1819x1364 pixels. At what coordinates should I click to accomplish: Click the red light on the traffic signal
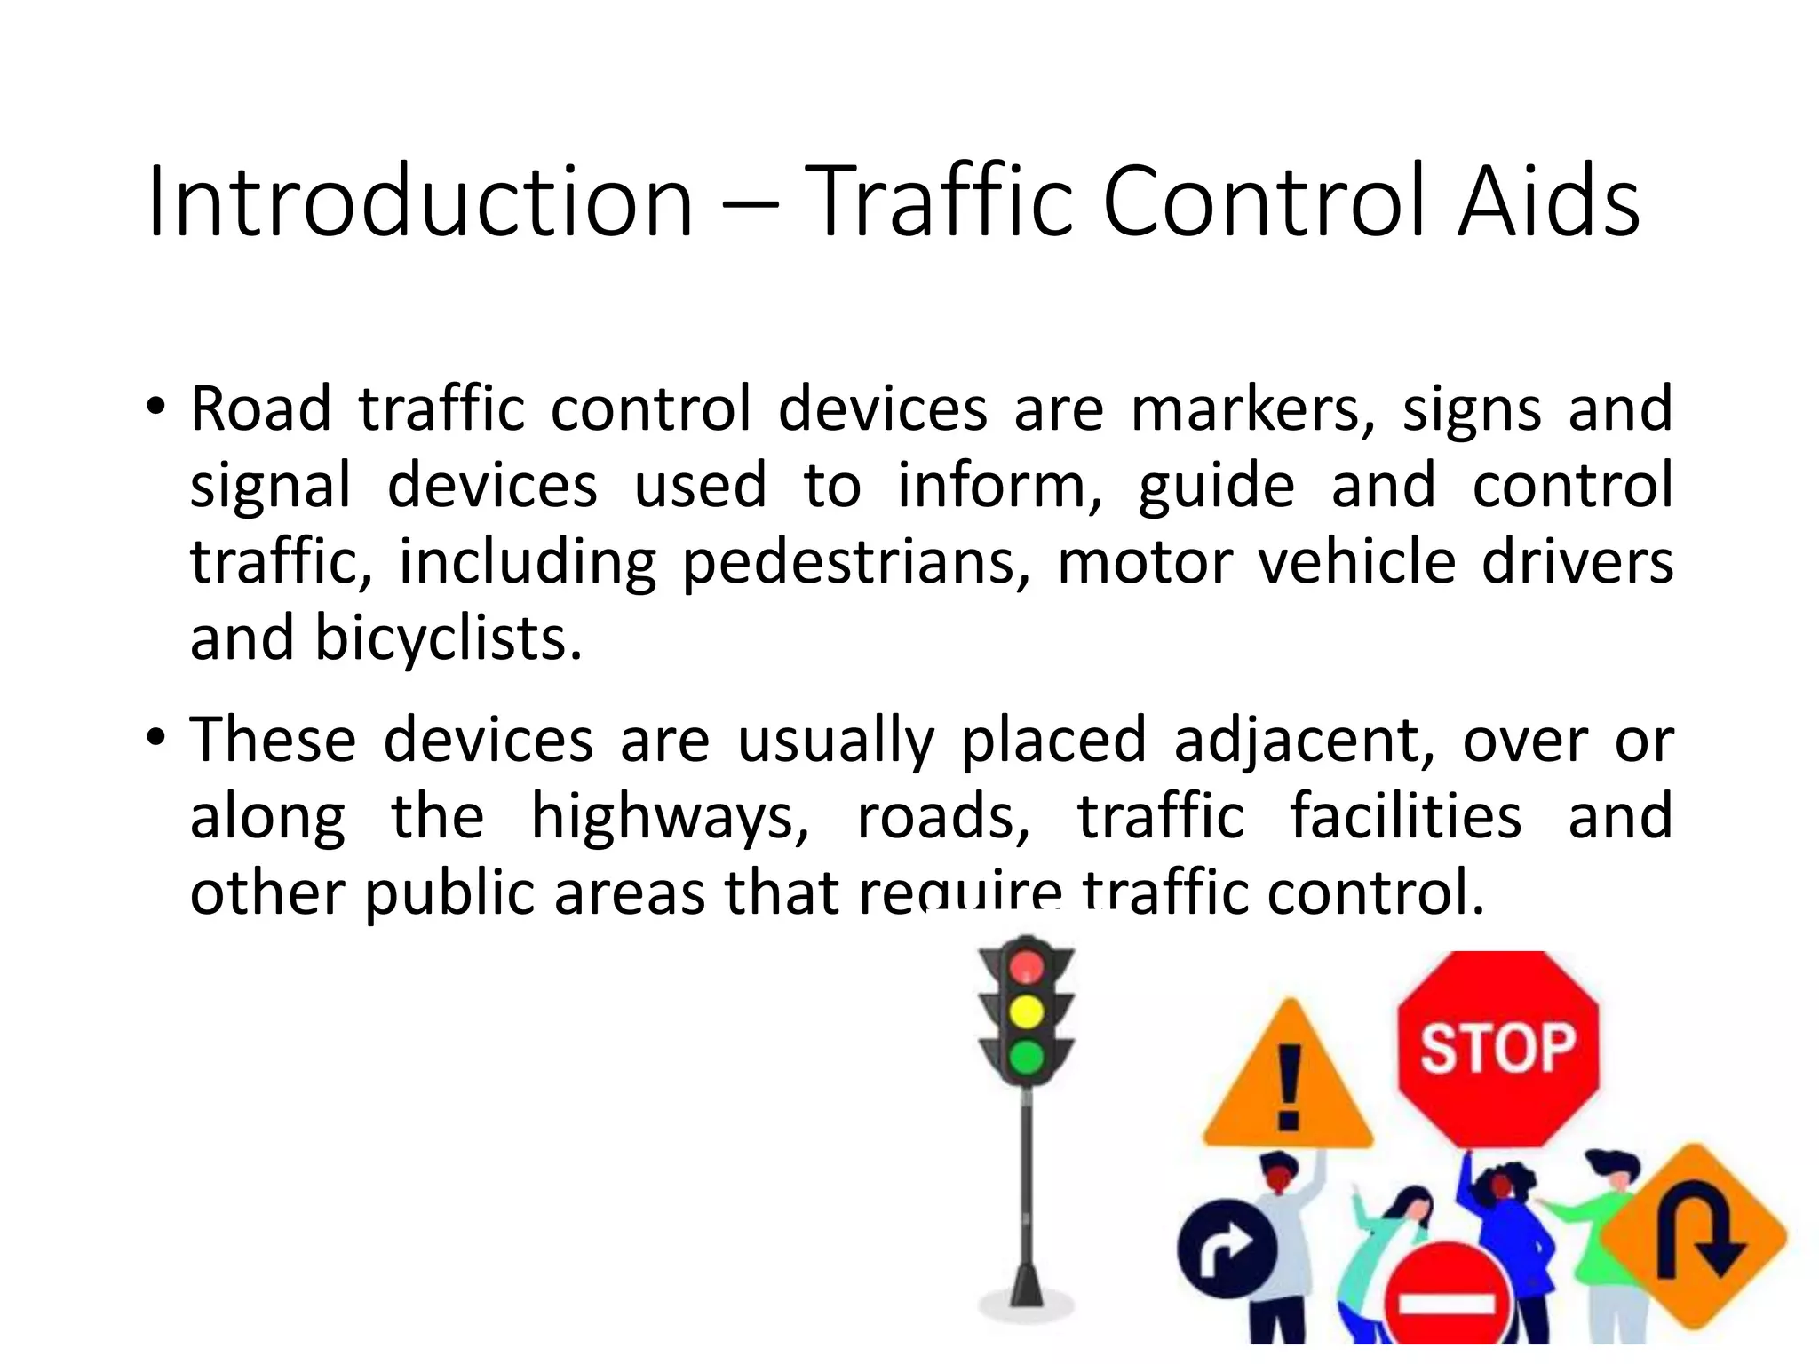tap(1027, 966)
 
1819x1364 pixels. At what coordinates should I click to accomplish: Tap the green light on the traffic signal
tap(1027, 1057)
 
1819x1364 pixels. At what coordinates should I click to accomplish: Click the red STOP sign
tap(1498, 1048)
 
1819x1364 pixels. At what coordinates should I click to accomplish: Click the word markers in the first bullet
tap(1253, 410)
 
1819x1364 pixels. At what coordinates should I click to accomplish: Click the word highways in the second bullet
tap(670, 817)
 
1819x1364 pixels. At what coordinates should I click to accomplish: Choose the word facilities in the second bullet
tap(1405, 817)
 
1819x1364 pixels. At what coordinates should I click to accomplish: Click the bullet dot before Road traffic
tap(156, 408)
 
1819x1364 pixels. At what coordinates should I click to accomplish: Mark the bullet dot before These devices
tap(156, 738)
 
